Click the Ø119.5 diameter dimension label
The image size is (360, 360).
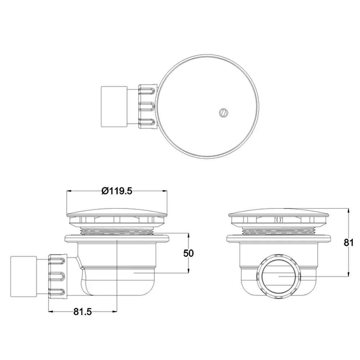117,191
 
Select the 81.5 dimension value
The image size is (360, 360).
83,311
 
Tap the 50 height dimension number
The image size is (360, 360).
189,253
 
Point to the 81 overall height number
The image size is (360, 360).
348,242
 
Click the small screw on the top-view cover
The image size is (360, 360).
223,112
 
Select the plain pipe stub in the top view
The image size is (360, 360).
114,107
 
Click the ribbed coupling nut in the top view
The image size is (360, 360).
148,106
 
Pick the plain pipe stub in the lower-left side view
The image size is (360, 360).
24,276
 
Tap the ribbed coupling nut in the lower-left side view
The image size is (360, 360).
58,276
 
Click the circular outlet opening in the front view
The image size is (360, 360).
279,276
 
